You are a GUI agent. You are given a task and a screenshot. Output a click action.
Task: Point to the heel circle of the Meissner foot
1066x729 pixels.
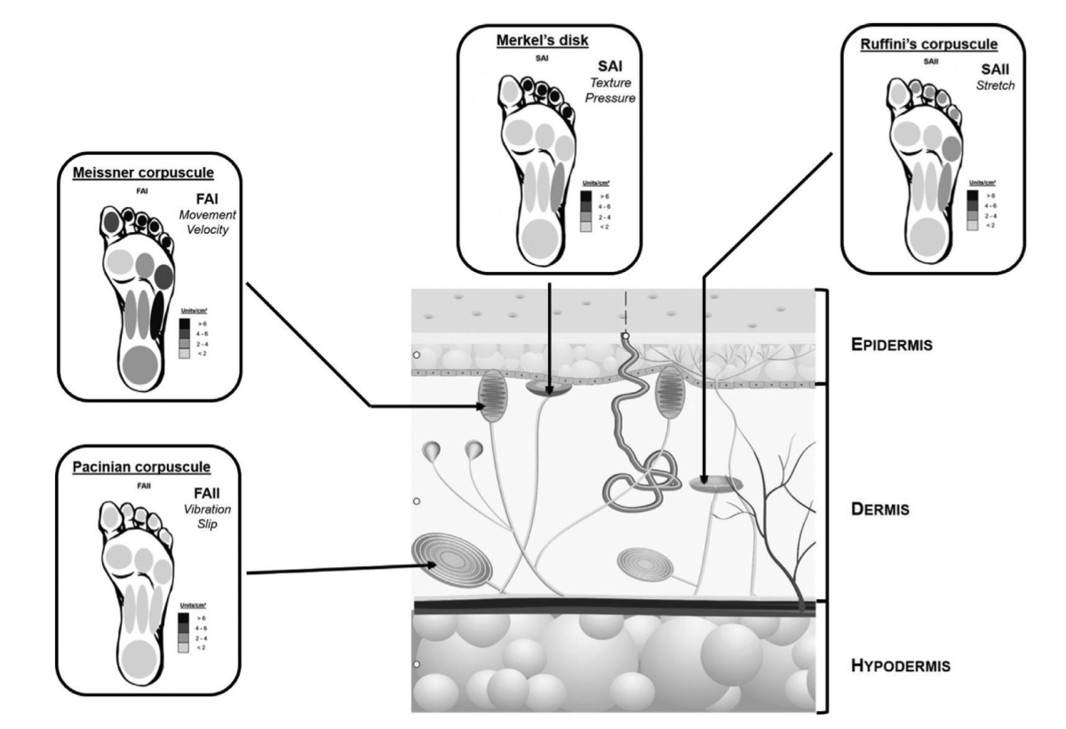click(139, 365)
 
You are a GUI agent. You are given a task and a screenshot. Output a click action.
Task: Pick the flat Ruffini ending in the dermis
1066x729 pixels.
click(716, 484)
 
